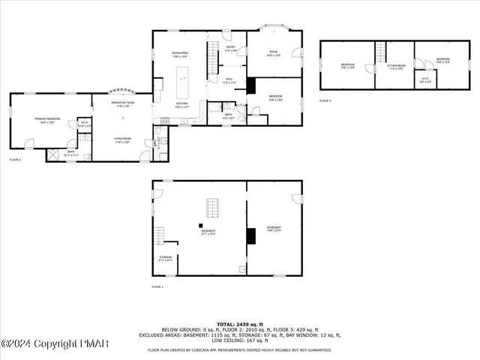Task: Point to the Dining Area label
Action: coord(179,54)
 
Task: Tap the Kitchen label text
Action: coord(181,106)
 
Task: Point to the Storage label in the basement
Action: coord(166,258)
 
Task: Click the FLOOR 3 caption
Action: coord(324,100)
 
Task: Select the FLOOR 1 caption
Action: coord(157,287)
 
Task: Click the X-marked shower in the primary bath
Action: coord(54,155)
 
